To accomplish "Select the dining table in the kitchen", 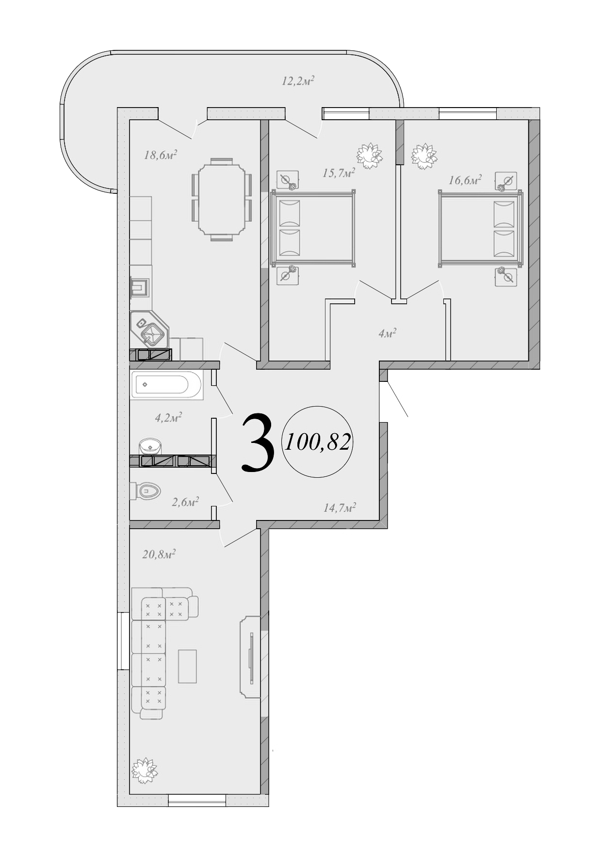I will point(221,199).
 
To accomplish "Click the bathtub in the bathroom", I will point(166,386).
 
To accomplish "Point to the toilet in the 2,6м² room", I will point(147,491).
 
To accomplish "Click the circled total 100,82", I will point(318,441).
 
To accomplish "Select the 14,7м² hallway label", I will point(340,507).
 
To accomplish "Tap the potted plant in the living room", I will point(145,770).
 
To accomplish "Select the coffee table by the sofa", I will point(187,666).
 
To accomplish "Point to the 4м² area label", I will point(387,334).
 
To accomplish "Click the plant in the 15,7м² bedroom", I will point(370,156).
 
